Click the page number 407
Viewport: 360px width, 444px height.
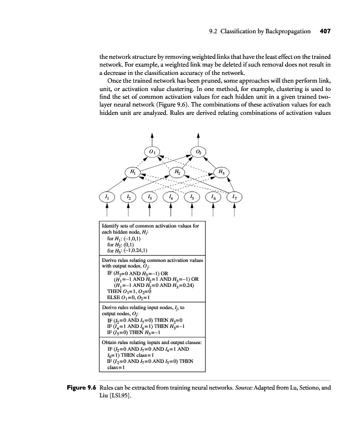[325, 32]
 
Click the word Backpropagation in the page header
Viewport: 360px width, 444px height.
[286, 32]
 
